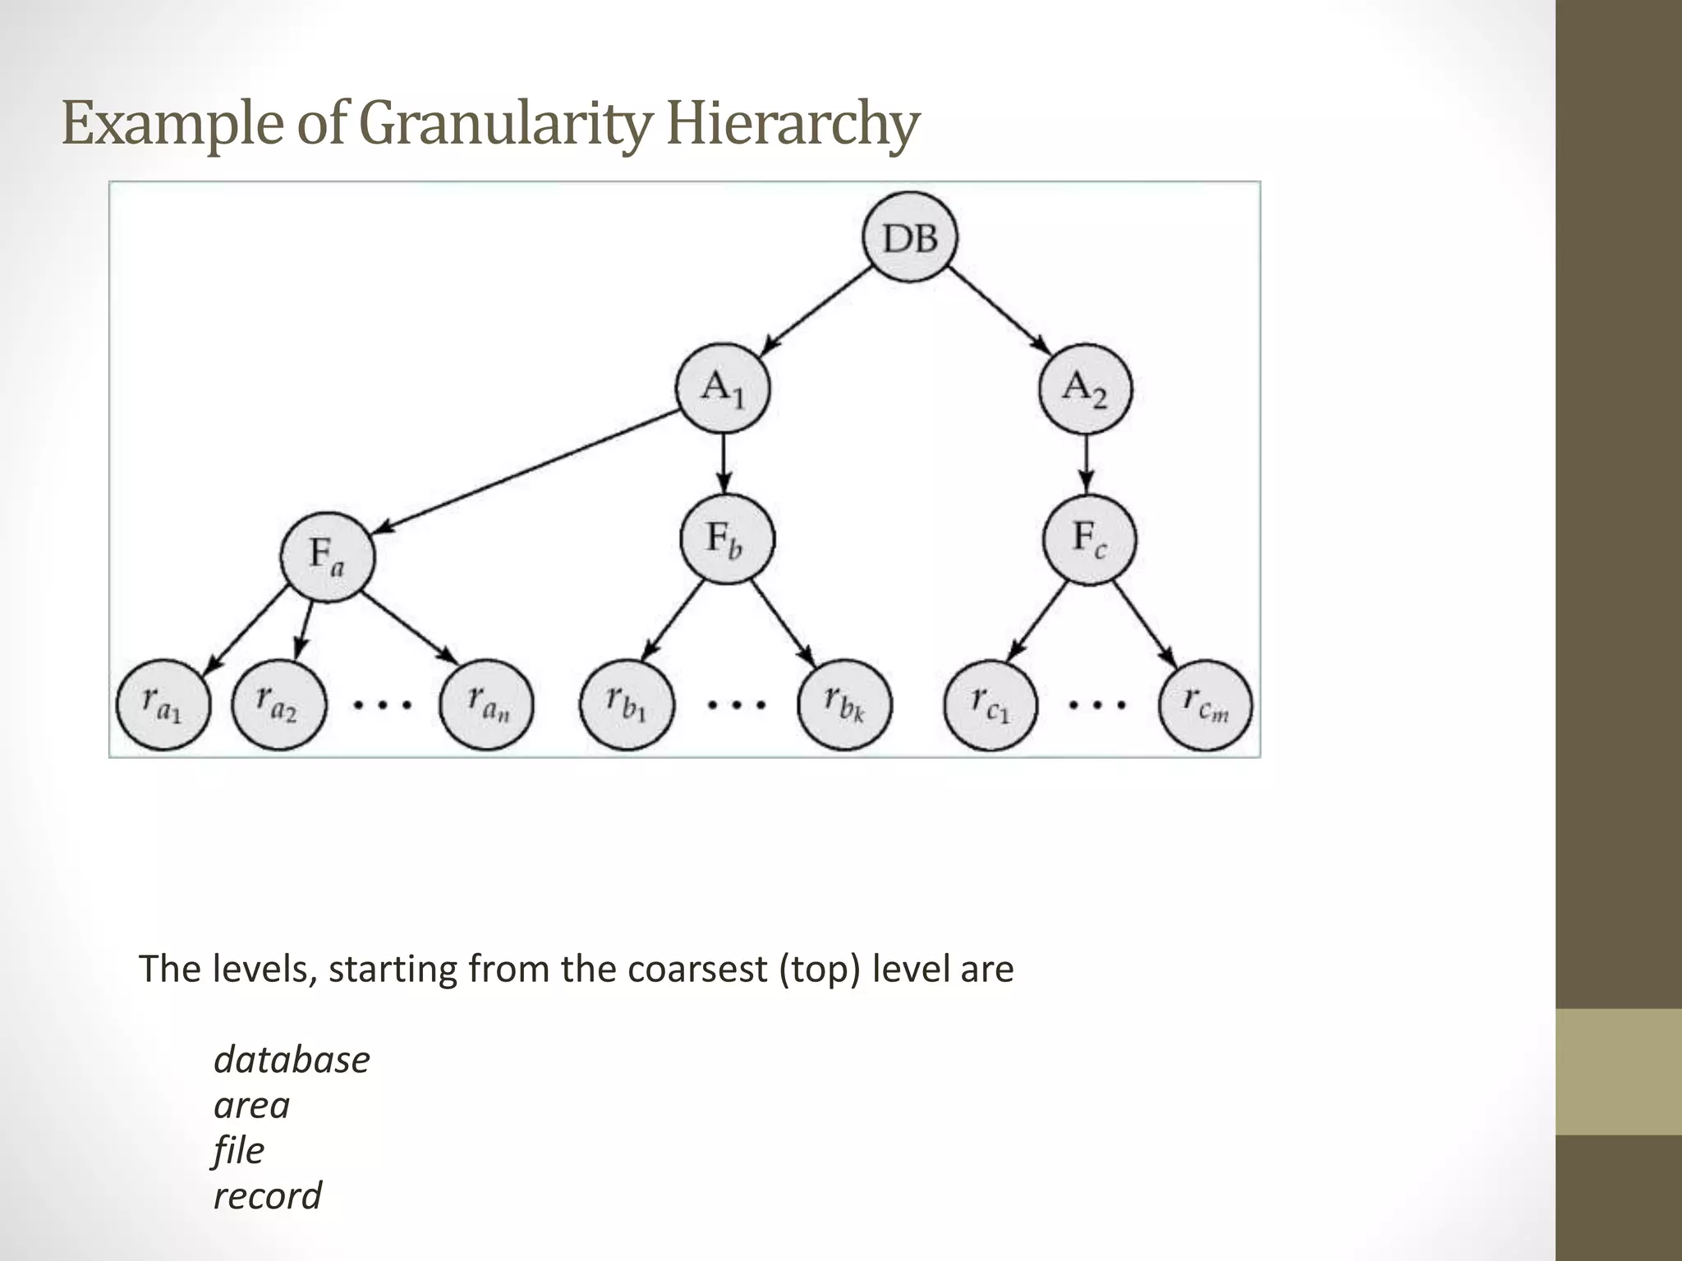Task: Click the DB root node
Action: [910, 238]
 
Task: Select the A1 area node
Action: [723, 388]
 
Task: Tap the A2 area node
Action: [1085, 388]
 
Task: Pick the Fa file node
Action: [328, 556]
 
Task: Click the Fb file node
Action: [727, 539]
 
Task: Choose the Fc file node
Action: [1089, 539]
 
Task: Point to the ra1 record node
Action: [163, 705]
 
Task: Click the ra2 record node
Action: [278, 705]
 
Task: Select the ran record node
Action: [487, 705]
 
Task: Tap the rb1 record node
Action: [627, 705]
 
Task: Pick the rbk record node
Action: [844, 705]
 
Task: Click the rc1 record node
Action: [990, 705]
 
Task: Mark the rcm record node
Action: [1206, 705]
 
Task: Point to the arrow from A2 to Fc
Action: [1087, 464]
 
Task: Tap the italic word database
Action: [292, 1060]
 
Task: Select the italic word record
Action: [268, 1196]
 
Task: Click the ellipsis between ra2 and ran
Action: [382, 704]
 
